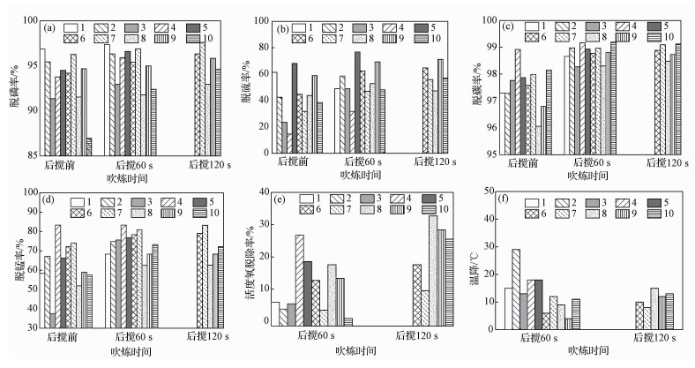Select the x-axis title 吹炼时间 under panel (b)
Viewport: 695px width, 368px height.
358,176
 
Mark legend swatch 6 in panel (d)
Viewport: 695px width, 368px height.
76,213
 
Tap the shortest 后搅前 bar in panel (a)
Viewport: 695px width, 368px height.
89,146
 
